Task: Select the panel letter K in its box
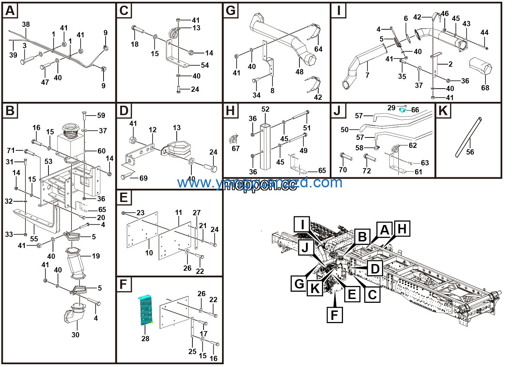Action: pyautogui.click(x=443, y=111)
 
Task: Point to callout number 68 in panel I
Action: pyautogui.click(x=485, y=88)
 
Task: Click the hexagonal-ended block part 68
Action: pyautogui.click(x=481, y=66)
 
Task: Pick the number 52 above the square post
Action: pyautogui.click(x=265, y=109)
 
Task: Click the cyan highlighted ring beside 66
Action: pyautogui.click(x=403, y=110)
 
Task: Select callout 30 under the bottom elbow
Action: pyautogui.click(x=75, y=335)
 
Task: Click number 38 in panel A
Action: pyautogui.click(x=26, y=24)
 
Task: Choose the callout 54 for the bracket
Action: pyautogui.click(x=205, y=65)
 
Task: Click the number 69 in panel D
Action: pyautogui.click(x=143, y=178)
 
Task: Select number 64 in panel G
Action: pyautogui.click(x=318, y=49)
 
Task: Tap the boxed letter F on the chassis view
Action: pyautogui.click(x=334, y=315)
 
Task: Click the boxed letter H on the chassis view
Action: pyautogui.click(x=402, y=229)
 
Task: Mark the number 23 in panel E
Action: pyautogui.click(x=140, y=213)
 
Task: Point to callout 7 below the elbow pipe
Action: pyautogui.click(x=367, y=75)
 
